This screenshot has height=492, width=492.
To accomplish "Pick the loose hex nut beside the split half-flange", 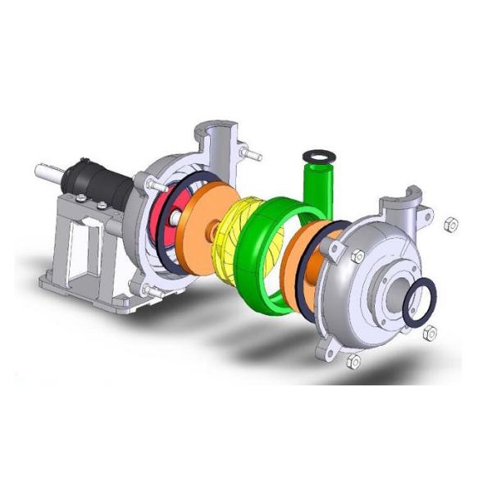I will pos(449,223).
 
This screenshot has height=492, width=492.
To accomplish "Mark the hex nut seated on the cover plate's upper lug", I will pos(357,257).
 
